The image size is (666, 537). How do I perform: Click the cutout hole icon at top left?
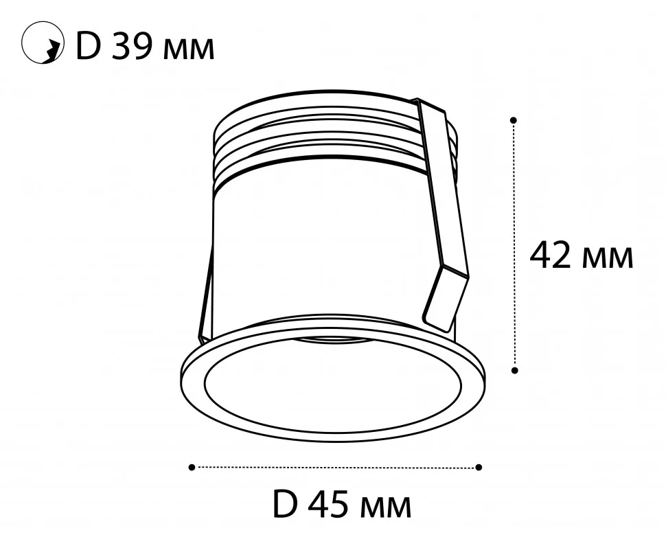tap(43, 43)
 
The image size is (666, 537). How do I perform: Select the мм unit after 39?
tap(189, 49)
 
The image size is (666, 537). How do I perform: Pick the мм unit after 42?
tap(608, 259)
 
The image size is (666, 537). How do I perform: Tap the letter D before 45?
tap(284, 504)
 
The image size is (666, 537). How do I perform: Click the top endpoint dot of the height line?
tap(514, 120)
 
